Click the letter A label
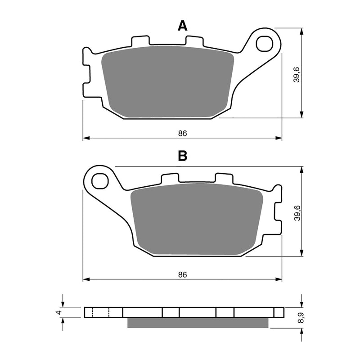tap(182, 26)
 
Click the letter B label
tap(182, 156)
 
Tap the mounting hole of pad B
tap(100, 181)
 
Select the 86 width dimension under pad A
tap(182, 133)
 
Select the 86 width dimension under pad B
tap(182, 274)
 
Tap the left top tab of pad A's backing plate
tap(140, 41)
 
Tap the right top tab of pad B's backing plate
tap(224, 178)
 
